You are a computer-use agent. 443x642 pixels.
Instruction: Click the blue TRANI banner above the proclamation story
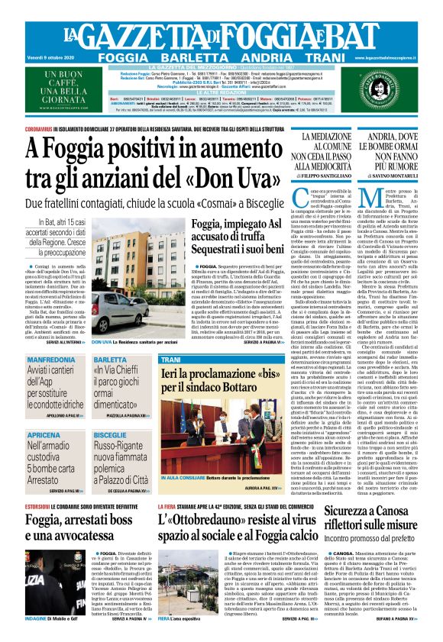coord(171,359)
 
